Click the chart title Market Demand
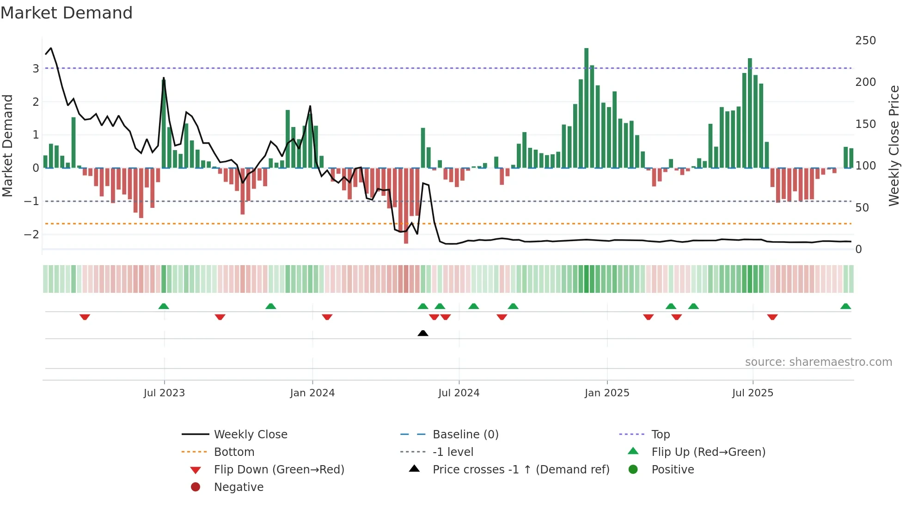coord(67,13)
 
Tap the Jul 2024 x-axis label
coord(459,393)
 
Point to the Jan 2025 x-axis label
coord(606,393)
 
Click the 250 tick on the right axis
coord(865,41)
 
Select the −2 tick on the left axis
coord(31,235)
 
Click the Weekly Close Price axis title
coord(894,145)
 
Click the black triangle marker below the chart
coord(422,333)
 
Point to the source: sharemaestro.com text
coord(818,362)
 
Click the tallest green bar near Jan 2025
coord(586,108)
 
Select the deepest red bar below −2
coord(406,206)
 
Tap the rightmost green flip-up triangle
coord(845,306)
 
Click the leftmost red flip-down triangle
coord(85,317)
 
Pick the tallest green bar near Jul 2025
coord(750,113)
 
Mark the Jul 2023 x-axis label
coord(164,393)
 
